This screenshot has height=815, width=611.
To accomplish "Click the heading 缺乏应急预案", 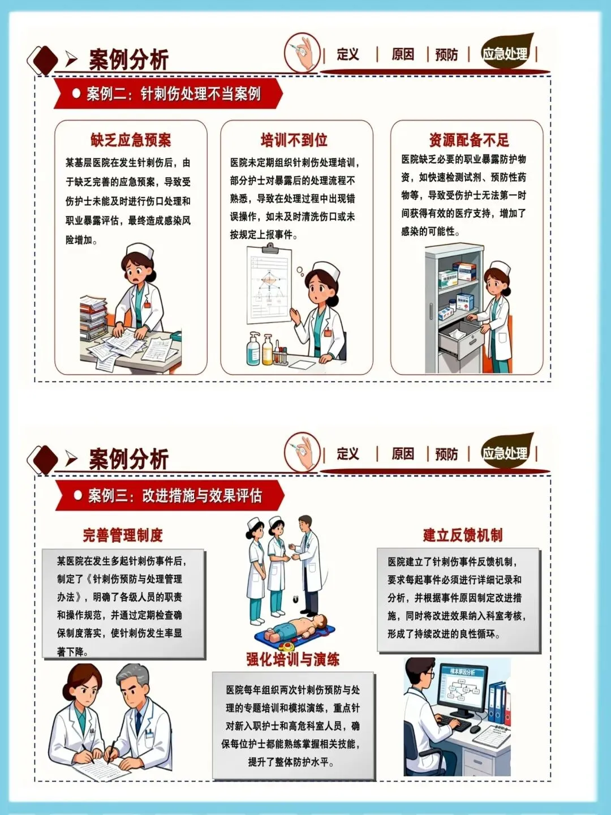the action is coord(131,140).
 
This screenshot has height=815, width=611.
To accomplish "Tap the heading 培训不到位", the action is coord(294,140).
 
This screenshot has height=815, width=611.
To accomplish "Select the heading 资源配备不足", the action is coord(469,140).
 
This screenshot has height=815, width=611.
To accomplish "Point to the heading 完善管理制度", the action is coord(123,535).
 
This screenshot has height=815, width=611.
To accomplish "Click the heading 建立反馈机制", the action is coord(463,535).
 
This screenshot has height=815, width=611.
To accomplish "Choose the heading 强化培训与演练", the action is coord(293,659).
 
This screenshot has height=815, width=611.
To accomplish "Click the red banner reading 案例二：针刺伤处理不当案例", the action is coord(168,93).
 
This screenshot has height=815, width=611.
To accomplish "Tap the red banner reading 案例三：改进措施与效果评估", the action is coord(170,495).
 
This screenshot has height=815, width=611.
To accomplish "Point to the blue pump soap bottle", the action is coord(253,349).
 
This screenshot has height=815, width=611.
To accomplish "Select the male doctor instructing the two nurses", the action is coord(307,565).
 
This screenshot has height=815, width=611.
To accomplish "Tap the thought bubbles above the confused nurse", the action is coord(300,272).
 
